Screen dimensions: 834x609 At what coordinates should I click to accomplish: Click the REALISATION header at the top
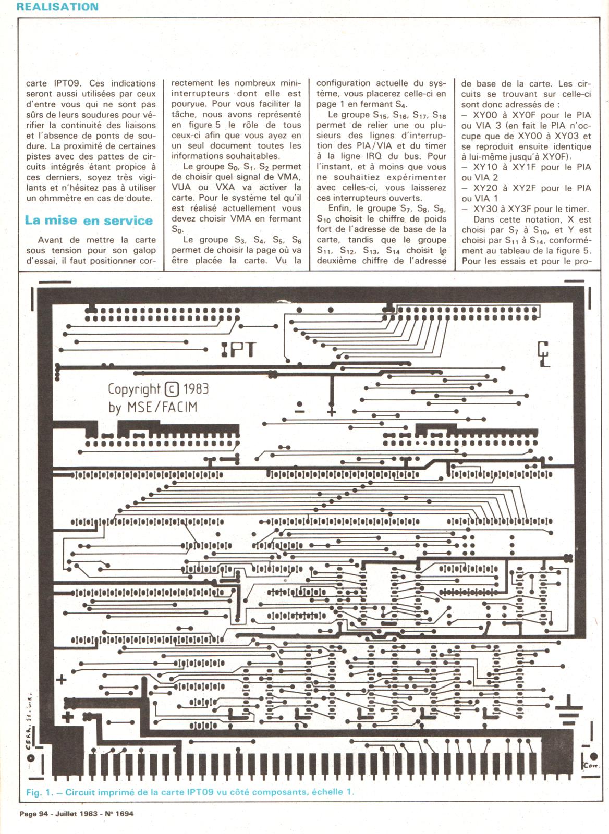click(57, 7)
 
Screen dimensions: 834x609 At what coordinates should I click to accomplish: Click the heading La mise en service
click(89, 220)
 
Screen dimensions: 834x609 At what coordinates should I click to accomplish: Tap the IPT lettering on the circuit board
click(238, 350)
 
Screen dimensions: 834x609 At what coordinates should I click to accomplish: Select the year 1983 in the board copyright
click(196, 389)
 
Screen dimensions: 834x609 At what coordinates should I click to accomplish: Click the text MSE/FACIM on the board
click(162, 407)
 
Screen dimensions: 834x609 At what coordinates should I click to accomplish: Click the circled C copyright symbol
click(172, 389)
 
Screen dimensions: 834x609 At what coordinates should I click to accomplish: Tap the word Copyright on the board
click(134, 389)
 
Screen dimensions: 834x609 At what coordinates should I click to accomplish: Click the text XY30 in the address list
click(484, 209)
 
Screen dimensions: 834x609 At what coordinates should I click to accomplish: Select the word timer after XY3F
click(575, 209)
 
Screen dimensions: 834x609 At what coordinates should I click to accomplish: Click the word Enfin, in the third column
click(341, 208)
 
